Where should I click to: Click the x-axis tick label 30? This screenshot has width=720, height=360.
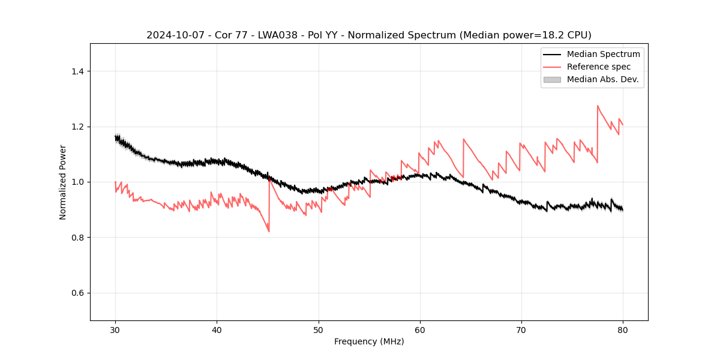tap(115, 329)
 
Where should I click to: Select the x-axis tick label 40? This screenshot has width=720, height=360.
tap(217, 329)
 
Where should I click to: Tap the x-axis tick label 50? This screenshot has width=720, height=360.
tap(318, 329)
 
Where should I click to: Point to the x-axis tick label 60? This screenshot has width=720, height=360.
tap(419, 329)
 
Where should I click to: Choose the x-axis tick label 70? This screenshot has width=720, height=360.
tap(521, 329)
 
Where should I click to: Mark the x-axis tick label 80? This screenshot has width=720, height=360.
tap(622, 329)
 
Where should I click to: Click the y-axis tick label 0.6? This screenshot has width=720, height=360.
tap(77, 293)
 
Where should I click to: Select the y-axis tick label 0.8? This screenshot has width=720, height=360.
tap(77, 238)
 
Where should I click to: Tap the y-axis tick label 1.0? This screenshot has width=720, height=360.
tap(77, 182)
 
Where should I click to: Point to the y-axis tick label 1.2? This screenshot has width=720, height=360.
tap(77, 127)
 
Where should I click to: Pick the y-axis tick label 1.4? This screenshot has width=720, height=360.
tap(77, 71)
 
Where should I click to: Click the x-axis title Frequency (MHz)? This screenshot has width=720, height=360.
tap(369, 341)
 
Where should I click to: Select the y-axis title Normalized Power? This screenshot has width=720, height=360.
tap(63, 182)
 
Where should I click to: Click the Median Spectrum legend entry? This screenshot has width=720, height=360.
tap(603, 54)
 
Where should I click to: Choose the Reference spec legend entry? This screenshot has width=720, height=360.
tap(598, 67)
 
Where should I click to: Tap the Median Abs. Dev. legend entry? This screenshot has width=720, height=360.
tap(602, 79)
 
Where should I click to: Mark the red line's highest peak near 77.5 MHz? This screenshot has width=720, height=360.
tap(598, 106)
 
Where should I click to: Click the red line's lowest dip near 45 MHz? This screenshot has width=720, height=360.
tap(269, 232)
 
